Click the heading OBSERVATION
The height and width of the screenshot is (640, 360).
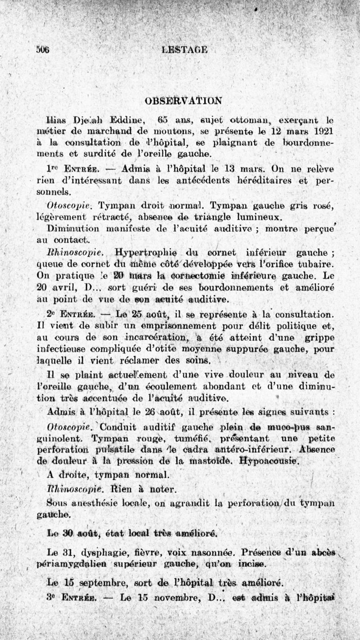(x=184, y=100)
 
